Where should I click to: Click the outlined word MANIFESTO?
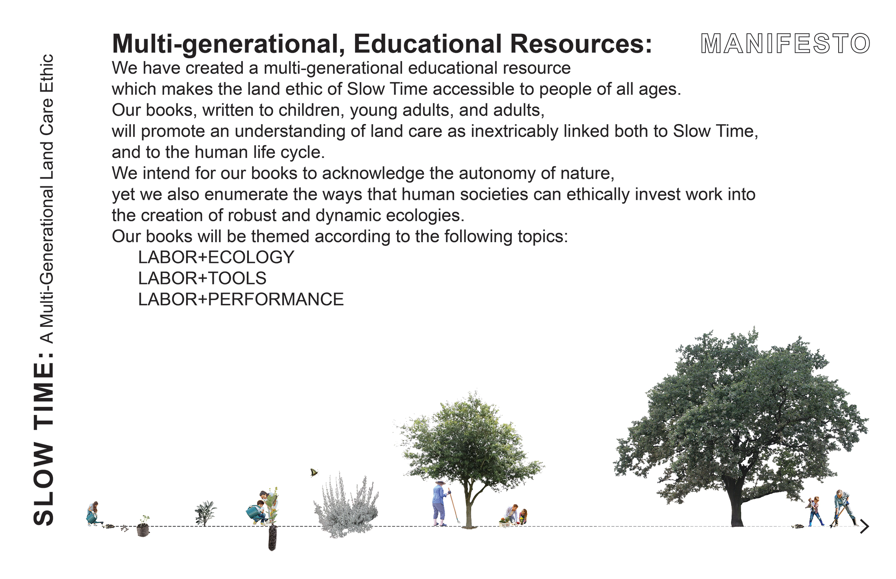[x=785, y=44]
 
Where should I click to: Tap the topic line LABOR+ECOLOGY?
[x=216, y=257]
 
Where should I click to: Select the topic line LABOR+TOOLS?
[x=202, y=278]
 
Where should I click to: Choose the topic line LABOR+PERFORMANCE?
[x=241, y=299]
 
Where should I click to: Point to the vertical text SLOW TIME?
[x=43, y=439]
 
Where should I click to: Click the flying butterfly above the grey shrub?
[x=314, y=472]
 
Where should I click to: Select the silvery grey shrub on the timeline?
[x=346, y=507]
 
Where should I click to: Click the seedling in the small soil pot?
[x=143, y=527]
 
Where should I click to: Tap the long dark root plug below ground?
[x=272, y=538]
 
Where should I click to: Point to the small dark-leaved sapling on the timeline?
[x=205, y=513]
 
